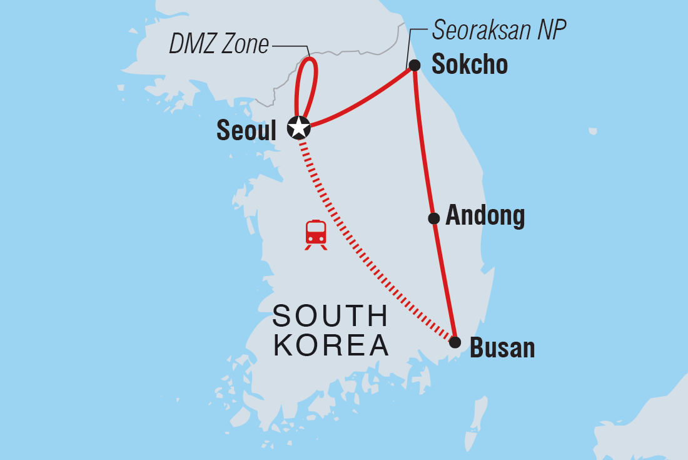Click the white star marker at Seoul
[x=299, y=127]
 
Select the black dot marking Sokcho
[x=413, y=65]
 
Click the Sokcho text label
[x=468, y=65]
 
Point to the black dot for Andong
[x=433, y=218]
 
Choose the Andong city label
[x=485, y=217]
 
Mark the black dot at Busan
[x=455, y=342]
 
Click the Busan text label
[x=502, y=348]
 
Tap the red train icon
[x=316, y=234]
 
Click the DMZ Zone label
[x=219, y=45]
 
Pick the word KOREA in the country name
[x=331, y=346]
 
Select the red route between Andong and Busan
[x=445, y=282]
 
